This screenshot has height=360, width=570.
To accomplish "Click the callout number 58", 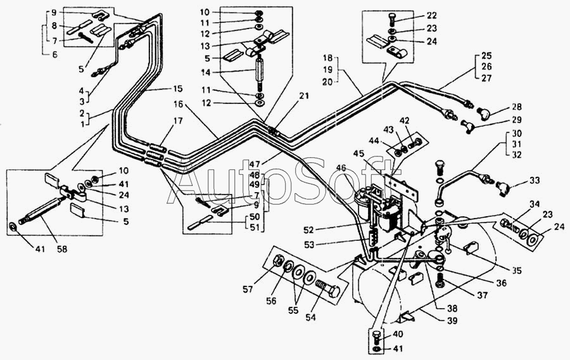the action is click(x=62, y=250).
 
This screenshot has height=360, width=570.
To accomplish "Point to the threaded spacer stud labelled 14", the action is click(x=258, y=73).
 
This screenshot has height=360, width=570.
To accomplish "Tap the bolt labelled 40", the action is click(x=377, y=338).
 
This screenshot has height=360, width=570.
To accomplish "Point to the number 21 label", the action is click(x=304, y=96).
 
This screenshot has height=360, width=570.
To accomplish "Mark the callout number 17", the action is click(x=178, y=120).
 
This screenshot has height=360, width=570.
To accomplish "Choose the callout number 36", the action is click(x=502, y=283).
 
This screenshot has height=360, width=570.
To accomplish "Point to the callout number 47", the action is click(x=255, y=164).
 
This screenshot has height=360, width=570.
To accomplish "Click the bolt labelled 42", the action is click(x=415, y=143).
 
